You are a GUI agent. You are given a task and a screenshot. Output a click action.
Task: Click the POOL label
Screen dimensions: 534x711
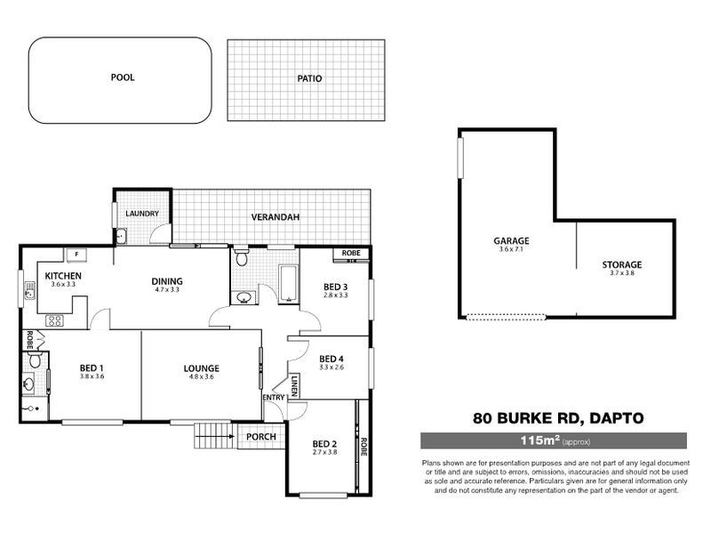point(123,77)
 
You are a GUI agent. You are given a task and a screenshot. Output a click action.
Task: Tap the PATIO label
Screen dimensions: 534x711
point(309,78)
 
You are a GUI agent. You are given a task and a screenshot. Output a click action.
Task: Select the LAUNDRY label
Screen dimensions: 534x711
point(142,214)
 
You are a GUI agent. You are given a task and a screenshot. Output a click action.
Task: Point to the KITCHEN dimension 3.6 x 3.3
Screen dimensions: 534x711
point(63,286)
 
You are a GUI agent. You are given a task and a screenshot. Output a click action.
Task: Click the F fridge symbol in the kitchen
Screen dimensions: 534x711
point(77,255)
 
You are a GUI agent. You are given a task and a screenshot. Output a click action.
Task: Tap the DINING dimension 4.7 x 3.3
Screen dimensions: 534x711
point(167,290)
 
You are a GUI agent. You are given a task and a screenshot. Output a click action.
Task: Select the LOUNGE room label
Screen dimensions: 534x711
point(202,368)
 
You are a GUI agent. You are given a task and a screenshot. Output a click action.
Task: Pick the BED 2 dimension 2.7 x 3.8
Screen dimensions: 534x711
point(325,452)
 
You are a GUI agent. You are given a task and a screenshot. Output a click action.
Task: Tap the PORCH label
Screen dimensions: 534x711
point(260,437)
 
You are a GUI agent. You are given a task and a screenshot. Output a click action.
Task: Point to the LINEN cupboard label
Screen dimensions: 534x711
point(293,385)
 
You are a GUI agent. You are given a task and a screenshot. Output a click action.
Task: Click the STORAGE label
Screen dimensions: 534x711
point(621,264)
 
